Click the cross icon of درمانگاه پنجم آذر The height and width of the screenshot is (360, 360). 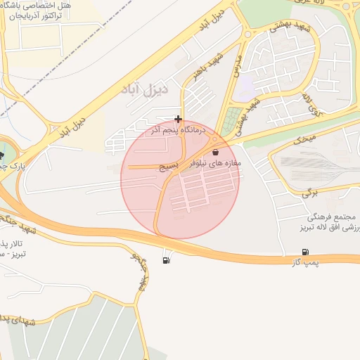(179, 120)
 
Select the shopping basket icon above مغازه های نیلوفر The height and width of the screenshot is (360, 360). (214, 151)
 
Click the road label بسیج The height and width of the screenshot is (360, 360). (170, 167)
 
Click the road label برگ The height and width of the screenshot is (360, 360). (311, 191)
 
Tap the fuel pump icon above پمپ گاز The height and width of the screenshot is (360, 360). (304, 252)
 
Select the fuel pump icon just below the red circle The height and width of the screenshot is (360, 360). (166, 261)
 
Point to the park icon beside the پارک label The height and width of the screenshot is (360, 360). (2, 155)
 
